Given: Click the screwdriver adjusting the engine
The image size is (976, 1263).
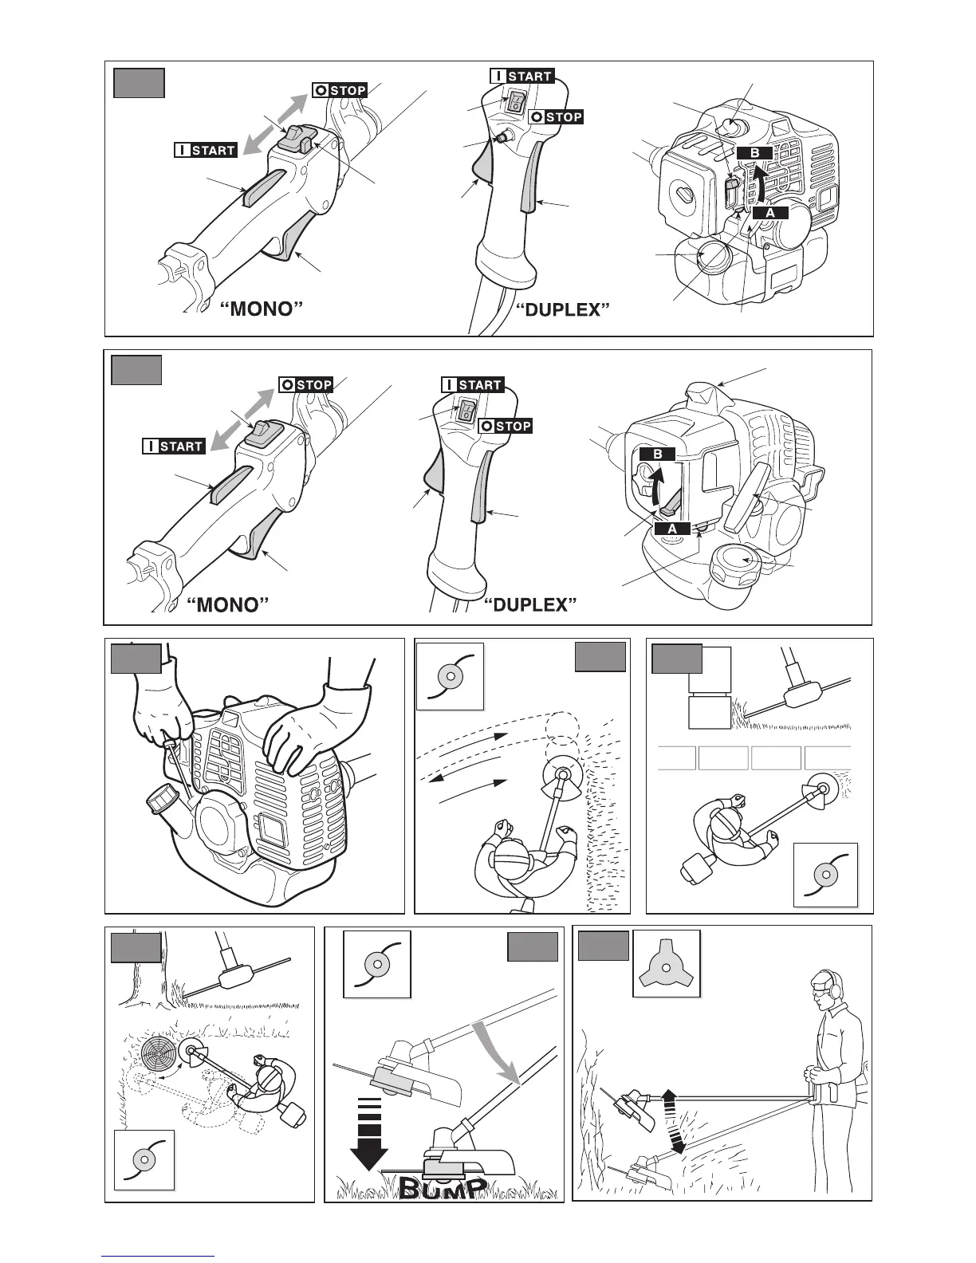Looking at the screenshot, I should (179, 766).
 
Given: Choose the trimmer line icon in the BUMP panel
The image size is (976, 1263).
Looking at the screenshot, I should (376, 964).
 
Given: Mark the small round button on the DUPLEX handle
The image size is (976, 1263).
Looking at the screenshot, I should (502, 136).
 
